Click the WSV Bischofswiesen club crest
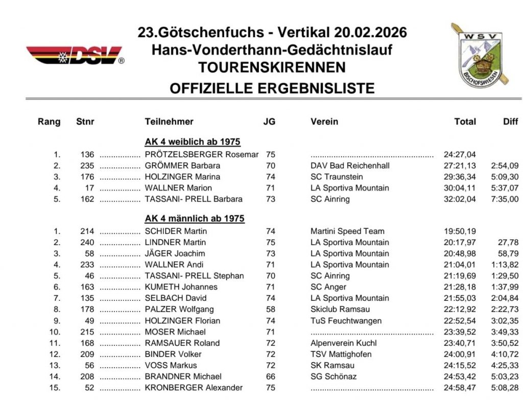479,55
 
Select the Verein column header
324,122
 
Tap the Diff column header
510,122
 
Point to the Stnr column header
85,122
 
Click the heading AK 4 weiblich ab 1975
193,142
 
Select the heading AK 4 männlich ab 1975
195,219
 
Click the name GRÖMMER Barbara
182,165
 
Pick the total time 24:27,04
460,154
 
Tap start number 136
87,154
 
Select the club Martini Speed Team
347,231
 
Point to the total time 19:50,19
460,231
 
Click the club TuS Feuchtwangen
346,321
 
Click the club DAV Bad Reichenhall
350,165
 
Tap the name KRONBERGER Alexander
194,388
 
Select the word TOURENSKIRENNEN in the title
272,67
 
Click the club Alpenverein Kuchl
343,343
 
